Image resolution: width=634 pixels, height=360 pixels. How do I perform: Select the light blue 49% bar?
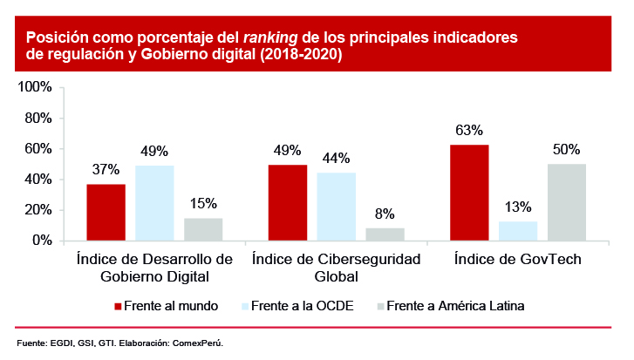[x=154, y=202]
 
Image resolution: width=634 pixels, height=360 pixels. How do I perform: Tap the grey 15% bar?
[x=203, y=229]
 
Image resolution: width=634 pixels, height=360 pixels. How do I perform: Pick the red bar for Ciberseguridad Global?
[x=287, y=202]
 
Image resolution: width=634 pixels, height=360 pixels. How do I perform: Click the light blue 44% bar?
[x=336, y=207]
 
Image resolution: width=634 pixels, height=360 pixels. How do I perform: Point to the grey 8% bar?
[x=385, y=234]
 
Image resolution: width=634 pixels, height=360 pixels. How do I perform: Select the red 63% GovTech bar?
[x=468, y=192]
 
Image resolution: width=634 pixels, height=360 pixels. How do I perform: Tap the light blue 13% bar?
[x=517, y=231]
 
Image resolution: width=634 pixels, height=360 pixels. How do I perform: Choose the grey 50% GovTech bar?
[x=566, y=201]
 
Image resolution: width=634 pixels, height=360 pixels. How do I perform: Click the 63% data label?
[x=468, y=131]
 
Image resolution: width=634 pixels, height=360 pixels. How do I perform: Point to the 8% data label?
[x=385, y=214]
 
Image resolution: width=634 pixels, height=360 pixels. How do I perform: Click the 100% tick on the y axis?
[x=36, y=88]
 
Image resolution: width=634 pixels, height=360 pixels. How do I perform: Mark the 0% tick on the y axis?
[x=42, y=241]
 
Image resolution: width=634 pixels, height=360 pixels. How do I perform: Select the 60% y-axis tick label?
[x=39, y=149]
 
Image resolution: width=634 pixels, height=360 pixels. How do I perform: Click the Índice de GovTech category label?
[x=517, y=260]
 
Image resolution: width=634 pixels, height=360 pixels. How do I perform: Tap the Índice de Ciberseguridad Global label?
[x=336, y=268]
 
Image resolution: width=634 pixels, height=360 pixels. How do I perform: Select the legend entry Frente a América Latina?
[x=453, y=306]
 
